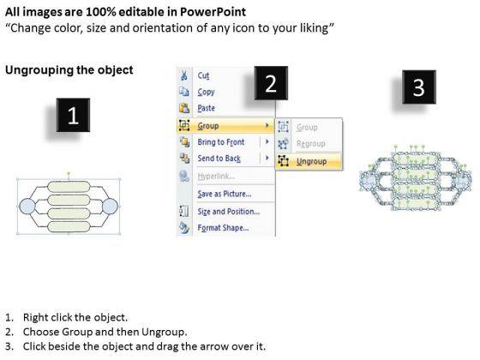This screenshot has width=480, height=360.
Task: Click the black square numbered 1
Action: (73, 115)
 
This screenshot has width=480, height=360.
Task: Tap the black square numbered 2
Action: (271, 83)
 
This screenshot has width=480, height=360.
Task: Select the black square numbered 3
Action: (419, 87)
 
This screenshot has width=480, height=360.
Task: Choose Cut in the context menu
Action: (203, 75)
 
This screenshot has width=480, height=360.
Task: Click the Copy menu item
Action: (206, 92)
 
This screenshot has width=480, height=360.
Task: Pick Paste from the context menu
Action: (206, 108)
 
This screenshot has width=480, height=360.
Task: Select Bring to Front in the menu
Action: (221, 142)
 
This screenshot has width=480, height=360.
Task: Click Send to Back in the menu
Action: (219, 159)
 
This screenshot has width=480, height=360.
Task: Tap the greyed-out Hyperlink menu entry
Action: (216, 176)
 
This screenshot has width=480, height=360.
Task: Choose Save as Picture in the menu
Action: (224, 194)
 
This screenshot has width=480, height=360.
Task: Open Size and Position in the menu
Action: (228, 212)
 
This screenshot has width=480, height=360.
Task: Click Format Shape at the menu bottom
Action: (223, 228)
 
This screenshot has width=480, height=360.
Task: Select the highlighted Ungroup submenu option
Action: (311, 161)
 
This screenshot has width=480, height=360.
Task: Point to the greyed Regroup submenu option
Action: (310, 144)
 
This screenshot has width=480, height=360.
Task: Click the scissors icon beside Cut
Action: (183, 75)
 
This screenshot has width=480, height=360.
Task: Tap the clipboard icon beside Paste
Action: (184, 108)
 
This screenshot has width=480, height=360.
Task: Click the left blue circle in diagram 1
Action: (27, 206)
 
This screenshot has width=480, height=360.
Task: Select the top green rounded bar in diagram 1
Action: (69, 187)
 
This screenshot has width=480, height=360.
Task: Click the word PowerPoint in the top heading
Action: (213, 12)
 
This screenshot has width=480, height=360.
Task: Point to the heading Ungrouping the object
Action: (69, 70)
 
